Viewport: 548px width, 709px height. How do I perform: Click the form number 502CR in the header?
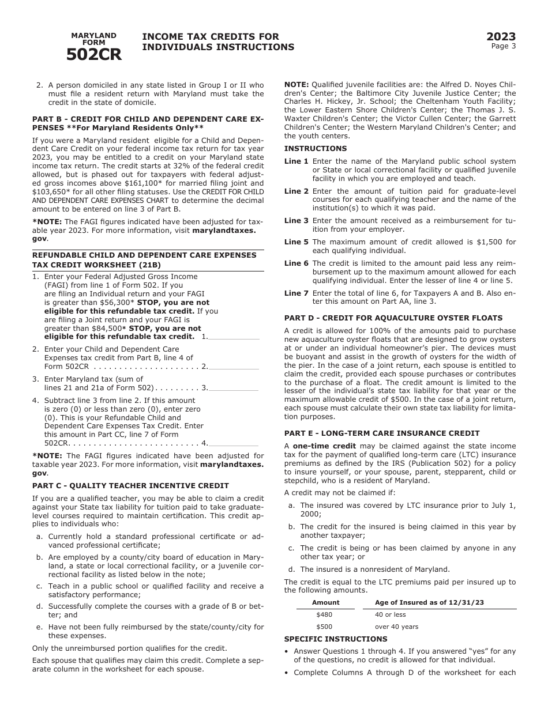(x=93, y=54)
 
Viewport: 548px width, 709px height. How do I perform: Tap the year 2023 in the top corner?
(x=501, y=37)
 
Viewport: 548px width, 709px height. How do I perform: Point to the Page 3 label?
(x=504, y=47)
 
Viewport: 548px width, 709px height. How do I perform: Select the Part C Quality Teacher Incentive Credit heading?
(x=130, y=486)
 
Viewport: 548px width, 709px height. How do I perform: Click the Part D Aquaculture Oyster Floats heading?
(x=393, y=318)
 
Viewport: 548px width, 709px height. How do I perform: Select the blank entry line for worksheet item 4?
(x=234, y=443)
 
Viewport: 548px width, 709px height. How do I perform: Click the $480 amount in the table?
(x=324, y=614)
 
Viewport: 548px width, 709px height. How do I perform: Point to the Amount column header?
(x=326, y=602)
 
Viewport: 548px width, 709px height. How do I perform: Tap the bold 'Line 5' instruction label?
(x=296, y=242)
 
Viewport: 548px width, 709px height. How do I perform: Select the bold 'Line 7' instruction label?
(x=296, y=293)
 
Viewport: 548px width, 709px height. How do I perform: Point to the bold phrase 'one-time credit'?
(x=324, y=446)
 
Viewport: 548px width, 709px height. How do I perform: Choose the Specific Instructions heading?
(x=336, y=639)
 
